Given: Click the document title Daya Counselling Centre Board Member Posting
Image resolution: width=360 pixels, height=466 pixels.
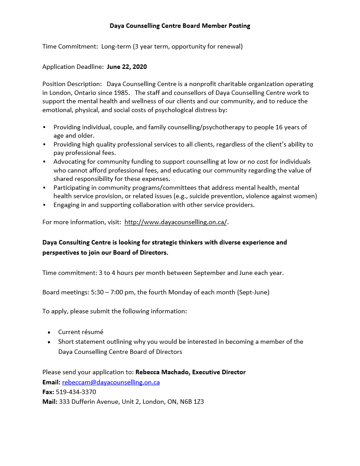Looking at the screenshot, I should click(180, 26).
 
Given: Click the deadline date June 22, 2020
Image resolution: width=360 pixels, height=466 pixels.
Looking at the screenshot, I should click(127, 67).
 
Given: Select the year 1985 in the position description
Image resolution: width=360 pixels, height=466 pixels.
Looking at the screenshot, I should click(121, 93).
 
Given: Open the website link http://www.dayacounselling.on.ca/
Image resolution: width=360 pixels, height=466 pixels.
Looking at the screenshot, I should click(176, 222).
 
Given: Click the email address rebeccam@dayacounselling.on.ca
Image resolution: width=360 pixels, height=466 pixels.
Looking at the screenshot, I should click(111, 382).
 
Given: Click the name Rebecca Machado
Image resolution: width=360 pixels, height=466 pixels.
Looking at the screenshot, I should click(162, 372).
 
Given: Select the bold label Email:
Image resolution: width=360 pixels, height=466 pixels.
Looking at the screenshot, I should click(51, 382).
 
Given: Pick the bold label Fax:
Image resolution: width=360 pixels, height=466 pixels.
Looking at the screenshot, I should click(48, 392).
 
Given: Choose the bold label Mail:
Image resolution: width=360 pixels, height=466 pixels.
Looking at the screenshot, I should click(50, 402).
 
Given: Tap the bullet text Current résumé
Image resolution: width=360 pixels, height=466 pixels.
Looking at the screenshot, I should click(81, 332).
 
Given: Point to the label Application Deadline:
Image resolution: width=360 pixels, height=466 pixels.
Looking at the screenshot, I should click(73, 67).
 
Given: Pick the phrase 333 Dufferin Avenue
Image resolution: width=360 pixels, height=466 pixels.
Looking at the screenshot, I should click(89, 402).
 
